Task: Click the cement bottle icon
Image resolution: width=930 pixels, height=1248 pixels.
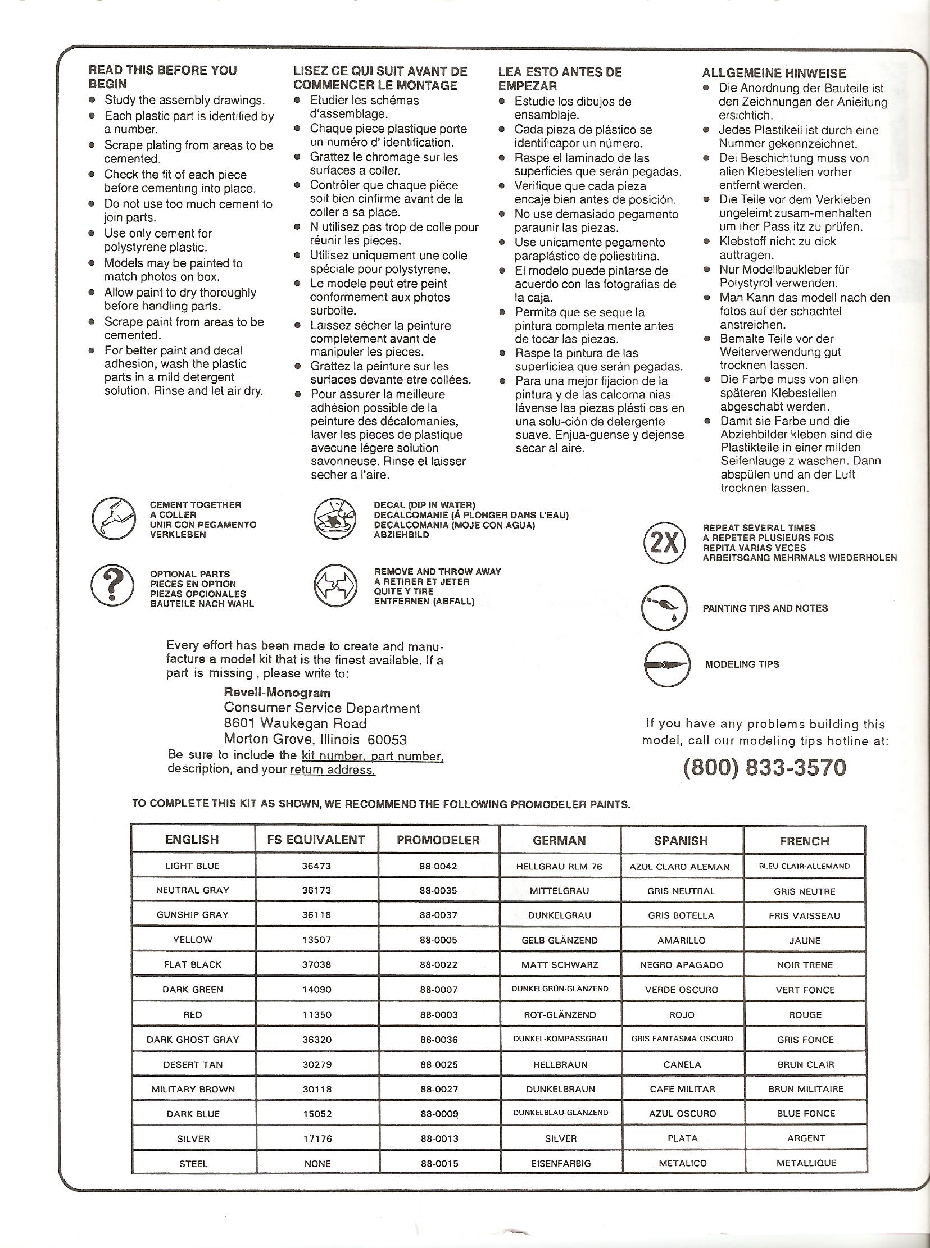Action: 114,519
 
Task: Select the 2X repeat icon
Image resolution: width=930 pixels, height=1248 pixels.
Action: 664,543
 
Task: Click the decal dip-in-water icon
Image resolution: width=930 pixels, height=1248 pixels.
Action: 335,519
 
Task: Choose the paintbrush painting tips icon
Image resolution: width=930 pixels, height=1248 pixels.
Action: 664,608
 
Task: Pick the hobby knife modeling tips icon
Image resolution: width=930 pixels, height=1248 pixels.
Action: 666,664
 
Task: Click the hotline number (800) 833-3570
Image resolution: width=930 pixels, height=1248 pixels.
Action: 764,767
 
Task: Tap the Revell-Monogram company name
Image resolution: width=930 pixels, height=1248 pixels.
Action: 277,693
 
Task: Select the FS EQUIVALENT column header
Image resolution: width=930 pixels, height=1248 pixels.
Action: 317,840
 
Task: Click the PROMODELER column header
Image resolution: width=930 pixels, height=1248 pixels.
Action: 438,840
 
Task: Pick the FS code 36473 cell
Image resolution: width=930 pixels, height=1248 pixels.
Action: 316,866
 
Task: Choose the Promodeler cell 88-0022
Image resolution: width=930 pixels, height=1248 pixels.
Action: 438,964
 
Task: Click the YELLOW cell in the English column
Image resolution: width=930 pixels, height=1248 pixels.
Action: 193,940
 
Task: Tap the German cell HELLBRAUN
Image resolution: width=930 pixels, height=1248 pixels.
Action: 560,1064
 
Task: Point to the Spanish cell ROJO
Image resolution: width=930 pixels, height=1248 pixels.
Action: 682,1015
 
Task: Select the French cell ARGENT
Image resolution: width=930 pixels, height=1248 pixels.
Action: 806,1138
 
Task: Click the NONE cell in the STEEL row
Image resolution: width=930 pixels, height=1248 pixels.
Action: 317,1164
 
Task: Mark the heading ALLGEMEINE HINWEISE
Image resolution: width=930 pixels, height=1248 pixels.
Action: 774,73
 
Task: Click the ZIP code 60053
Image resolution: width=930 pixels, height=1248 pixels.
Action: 387,739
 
